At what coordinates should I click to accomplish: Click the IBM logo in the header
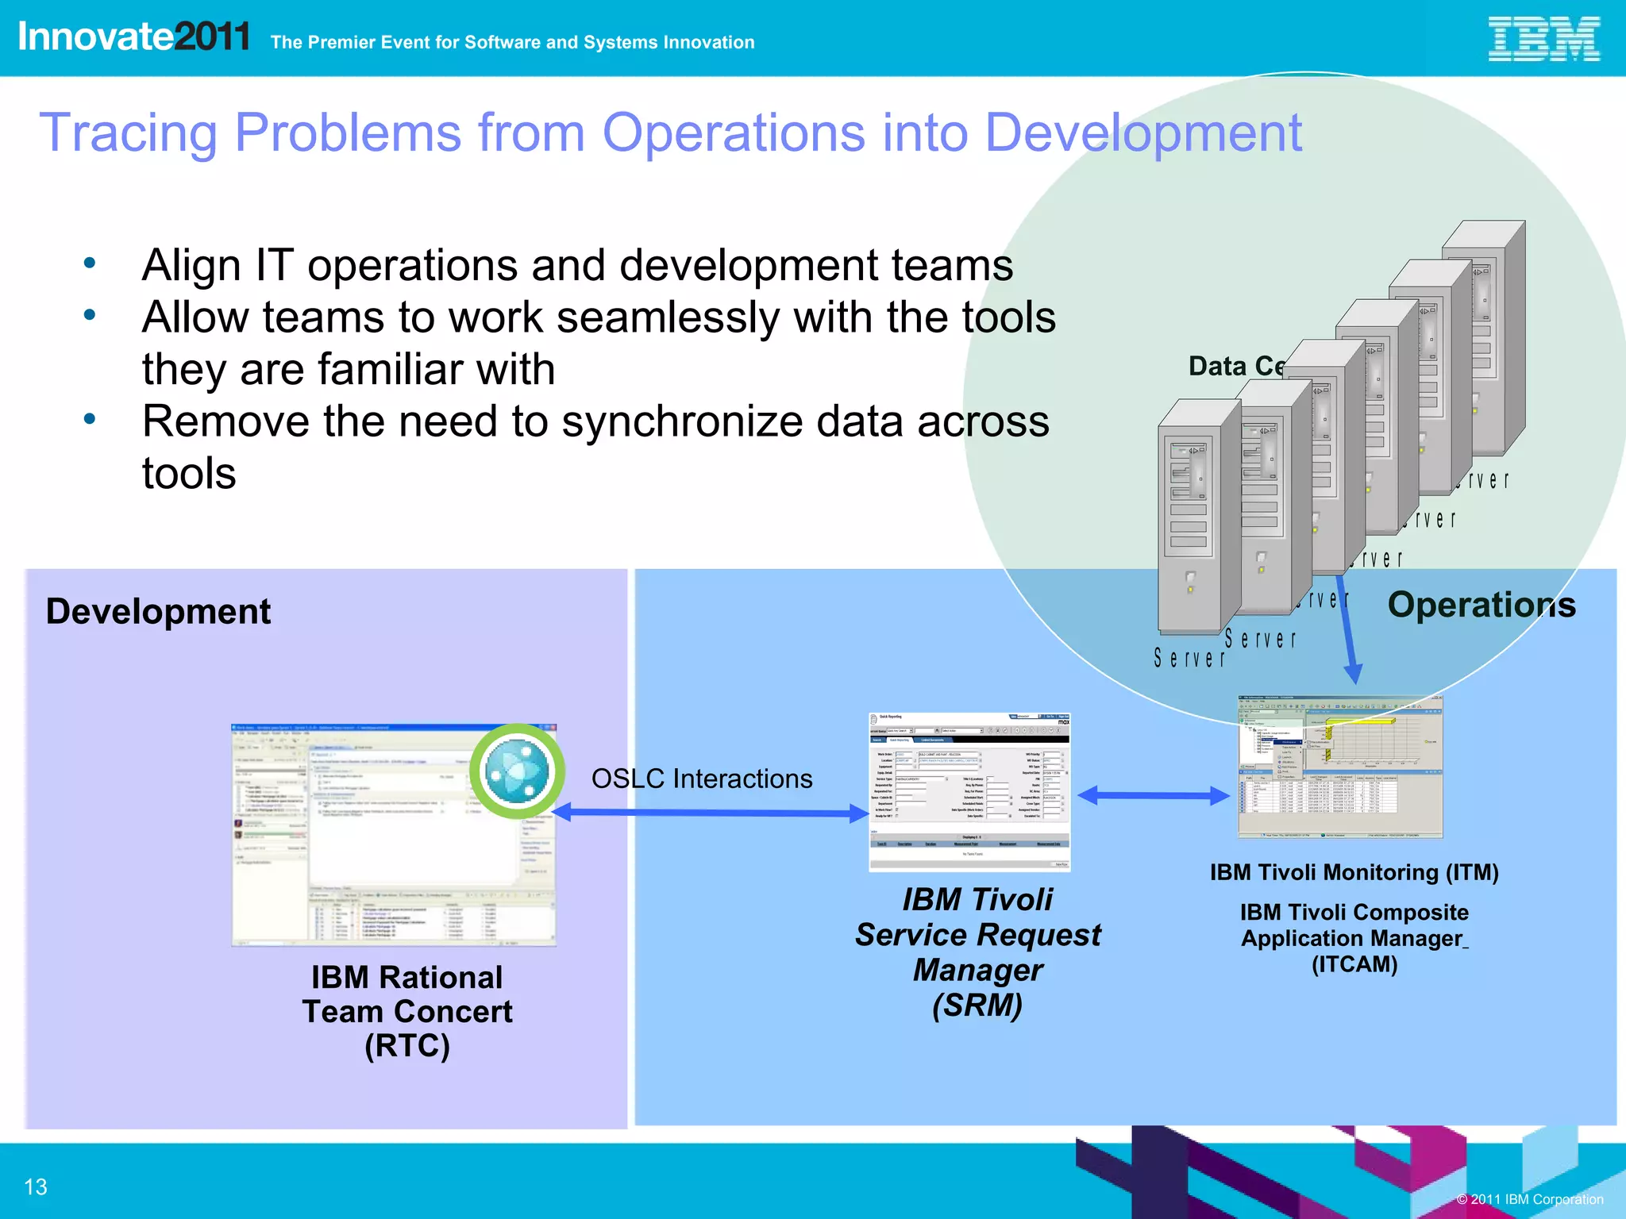coord(1543,40)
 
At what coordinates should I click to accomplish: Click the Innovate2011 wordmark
coord(133,37)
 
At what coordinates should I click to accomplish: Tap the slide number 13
coord(36,1186)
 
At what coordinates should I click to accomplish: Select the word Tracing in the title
coord(127,133)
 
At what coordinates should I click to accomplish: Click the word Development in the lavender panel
coord(158,612)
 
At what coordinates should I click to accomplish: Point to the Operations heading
coord(1482,605)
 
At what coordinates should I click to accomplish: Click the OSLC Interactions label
coord(702,779)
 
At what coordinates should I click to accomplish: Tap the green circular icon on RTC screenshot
coord(517,771)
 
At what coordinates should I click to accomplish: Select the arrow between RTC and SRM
coord(711,812)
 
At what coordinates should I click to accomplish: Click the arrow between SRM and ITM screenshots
coord(1154,795)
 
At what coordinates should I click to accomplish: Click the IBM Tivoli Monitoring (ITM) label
coord(1354,872)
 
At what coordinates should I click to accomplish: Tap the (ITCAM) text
coord(1354,964)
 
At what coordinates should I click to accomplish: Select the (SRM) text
coord(977,1006)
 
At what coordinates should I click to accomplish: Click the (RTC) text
coord(406,1046)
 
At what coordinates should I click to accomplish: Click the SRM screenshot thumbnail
coord(969,791)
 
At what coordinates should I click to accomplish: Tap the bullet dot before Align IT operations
coord(90,263)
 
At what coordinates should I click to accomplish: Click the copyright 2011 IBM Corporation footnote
coord(1529,1199)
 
